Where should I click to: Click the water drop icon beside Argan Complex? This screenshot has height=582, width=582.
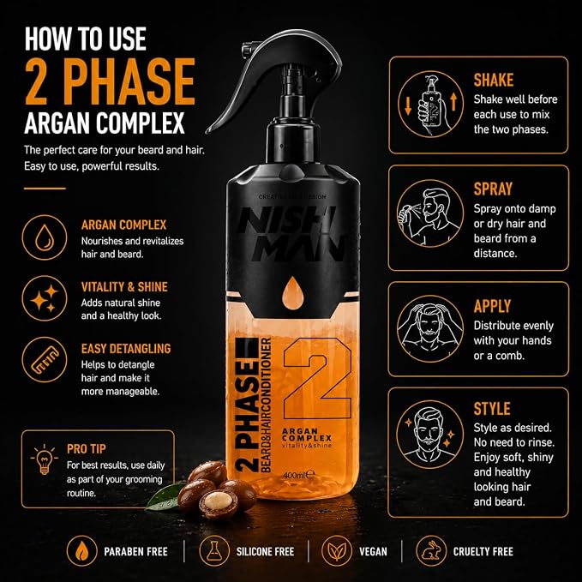click(x=45, y=237)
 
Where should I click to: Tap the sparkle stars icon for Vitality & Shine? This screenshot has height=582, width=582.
click(x=45, y=298)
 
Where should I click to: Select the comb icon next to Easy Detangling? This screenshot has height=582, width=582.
click(x=45, y=360)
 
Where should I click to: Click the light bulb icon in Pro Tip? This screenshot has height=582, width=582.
click(x=45, y=459)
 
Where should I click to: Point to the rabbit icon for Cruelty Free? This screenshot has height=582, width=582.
click(x=430, y=551)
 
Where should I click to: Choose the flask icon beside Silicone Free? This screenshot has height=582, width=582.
click(x=213, y=551)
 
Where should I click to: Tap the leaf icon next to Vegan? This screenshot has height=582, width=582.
click(x=337, y=551)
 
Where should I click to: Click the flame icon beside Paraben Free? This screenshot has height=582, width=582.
click(x=82, y=551)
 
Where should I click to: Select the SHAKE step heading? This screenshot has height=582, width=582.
click(x=494, y=81)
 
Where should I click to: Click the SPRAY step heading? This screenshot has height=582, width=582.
click(x=493, y=189)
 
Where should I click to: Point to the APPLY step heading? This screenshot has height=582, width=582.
click(x=492, y=306)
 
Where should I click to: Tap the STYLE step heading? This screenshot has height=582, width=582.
click(x=492, y=409)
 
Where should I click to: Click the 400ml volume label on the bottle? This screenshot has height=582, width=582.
click(x=298, y=475)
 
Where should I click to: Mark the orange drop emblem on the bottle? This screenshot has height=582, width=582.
click(x=293, y=293)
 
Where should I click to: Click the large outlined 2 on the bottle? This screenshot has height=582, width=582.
click(x=317, y=379)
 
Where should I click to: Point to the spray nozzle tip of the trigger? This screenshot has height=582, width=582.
click(x=244, y=49)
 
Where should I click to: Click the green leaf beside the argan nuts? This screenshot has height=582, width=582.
click(x=164, y=496)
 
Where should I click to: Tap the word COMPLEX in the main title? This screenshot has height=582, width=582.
click(x=141, y=123)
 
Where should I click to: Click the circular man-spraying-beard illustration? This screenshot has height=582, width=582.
click(x=430, y=213)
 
